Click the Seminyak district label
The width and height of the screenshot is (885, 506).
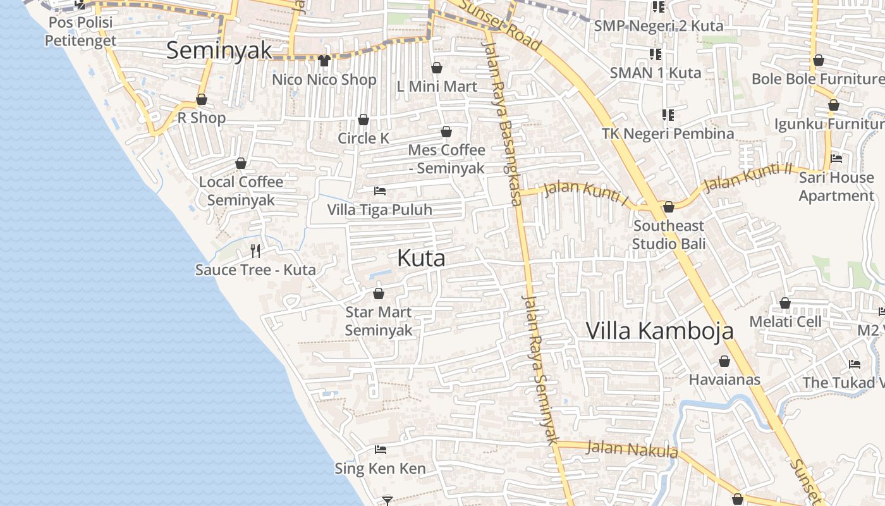219,51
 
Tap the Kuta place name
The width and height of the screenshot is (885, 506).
421,258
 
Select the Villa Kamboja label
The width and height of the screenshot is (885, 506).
659,331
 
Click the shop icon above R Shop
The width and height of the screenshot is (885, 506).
202,100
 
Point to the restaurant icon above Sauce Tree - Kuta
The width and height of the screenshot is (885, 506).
255,251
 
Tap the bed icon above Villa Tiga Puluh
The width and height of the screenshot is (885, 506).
380,190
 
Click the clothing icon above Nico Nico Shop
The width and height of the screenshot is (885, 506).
324,61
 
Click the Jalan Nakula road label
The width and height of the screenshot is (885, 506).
632,450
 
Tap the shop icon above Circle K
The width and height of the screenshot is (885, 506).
363,120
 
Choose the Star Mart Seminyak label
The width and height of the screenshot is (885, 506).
379,321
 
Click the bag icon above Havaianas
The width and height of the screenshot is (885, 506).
724,362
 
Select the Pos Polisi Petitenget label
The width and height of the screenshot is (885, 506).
80,32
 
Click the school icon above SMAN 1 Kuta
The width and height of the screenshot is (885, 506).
656,54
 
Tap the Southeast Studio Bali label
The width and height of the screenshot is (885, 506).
669,235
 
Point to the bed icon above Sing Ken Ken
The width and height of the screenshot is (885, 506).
380,450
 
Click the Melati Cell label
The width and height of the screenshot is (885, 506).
785,322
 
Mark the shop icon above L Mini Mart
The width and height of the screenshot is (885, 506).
437,68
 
